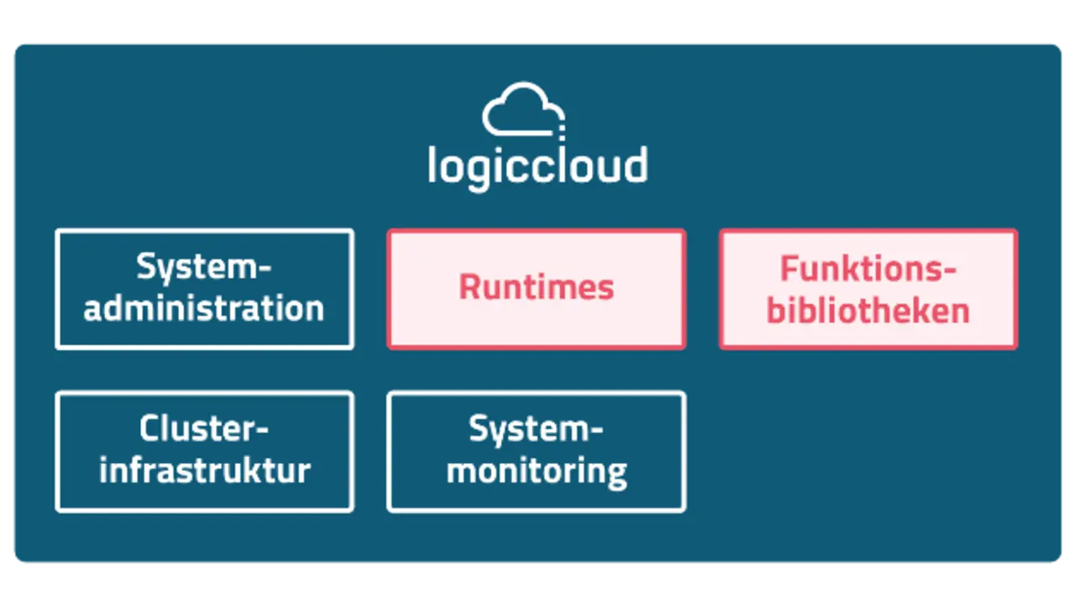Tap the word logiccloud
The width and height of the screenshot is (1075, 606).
(x=537, y=165)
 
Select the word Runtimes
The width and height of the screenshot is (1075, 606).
(x=537, y=287)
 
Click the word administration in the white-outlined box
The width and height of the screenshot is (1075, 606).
(x=204, y=308)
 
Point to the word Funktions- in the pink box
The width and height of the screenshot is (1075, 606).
(x=868, y=269)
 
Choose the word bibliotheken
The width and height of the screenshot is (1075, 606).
(x=868, y=310)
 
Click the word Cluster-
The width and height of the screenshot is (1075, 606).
(x=204, y=429)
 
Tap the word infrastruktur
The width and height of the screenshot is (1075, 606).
(x=204, y=470)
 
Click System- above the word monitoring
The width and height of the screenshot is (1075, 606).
(x=537, y=430)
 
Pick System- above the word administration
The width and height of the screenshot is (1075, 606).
(x=204, y=268)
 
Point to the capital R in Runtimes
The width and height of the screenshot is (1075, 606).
(x=469, y=287)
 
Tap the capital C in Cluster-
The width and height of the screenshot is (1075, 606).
(x=149, y=429)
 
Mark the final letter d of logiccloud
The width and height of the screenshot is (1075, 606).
(x=636, y=165)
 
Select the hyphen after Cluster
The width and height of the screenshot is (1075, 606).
(x=261, y=432)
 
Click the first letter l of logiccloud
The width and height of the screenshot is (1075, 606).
(x=432, y=165)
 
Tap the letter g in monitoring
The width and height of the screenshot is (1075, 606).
(x=616, y=474)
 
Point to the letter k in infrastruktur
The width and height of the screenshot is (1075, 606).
(x=257, y=470)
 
